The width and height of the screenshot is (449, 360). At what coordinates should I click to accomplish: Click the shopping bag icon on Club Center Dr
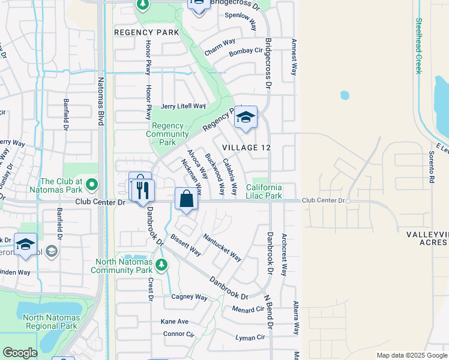click(x=186, y=198)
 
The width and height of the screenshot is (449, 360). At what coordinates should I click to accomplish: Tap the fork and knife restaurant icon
click(x=143, y=190)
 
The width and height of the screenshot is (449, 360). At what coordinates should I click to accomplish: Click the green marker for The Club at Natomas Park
click(x=91, y=183)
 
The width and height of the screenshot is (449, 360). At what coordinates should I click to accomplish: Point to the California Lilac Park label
click(x=264, y=192)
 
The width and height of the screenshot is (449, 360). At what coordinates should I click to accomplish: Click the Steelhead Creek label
click(x=418, y=46)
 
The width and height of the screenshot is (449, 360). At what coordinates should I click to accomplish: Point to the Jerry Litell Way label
click(x=183, y=106)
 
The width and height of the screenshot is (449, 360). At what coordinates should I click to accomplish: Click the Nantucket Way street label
click(x=222, y=248)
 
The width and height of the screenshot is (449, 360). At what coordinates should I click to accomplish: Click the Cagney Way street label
click(x=189, y=297)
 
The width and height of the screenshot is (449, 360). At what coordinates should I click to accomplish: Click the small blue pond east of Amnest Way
click(x=345, y=95)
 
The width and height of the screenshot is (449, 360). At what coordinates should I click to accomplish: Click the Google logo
click(x=19, y=352)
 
